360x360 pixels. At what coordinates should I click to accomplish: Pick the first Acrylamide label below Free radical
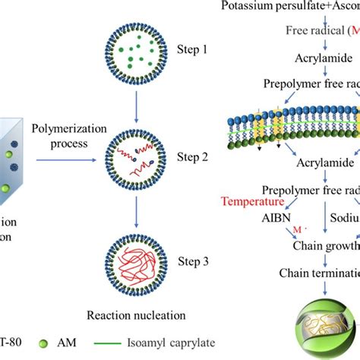(314, 56)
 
